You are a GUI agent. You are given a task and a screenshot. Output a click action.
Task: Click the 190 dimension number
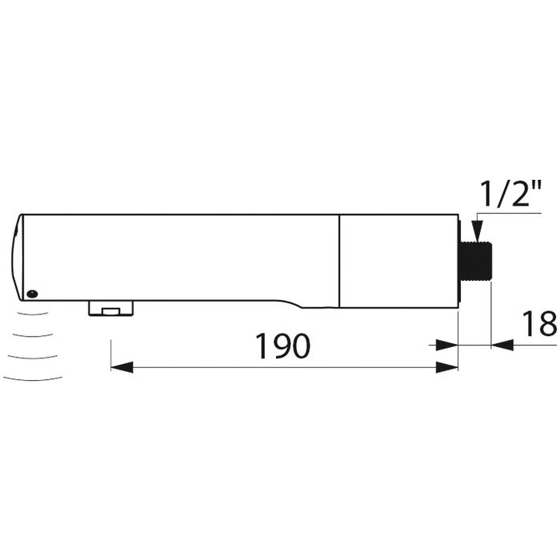tap(282, 346)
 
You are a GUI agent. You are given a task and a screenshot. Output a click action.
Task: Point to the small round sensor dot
tap(31, 294)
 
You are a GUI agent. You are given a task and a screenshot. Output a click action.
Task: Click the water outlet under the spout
tap(110, 309)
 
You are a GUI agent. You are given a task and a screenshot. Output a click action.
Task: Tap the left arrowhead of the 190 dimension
tap(120, 367)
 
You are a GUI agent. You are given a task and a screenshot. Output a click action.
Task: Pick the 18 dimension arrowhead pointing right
tap(502, 345)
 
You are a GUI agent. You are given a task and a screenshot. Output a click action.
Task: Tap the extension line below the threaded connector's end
tap(491, 320)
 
